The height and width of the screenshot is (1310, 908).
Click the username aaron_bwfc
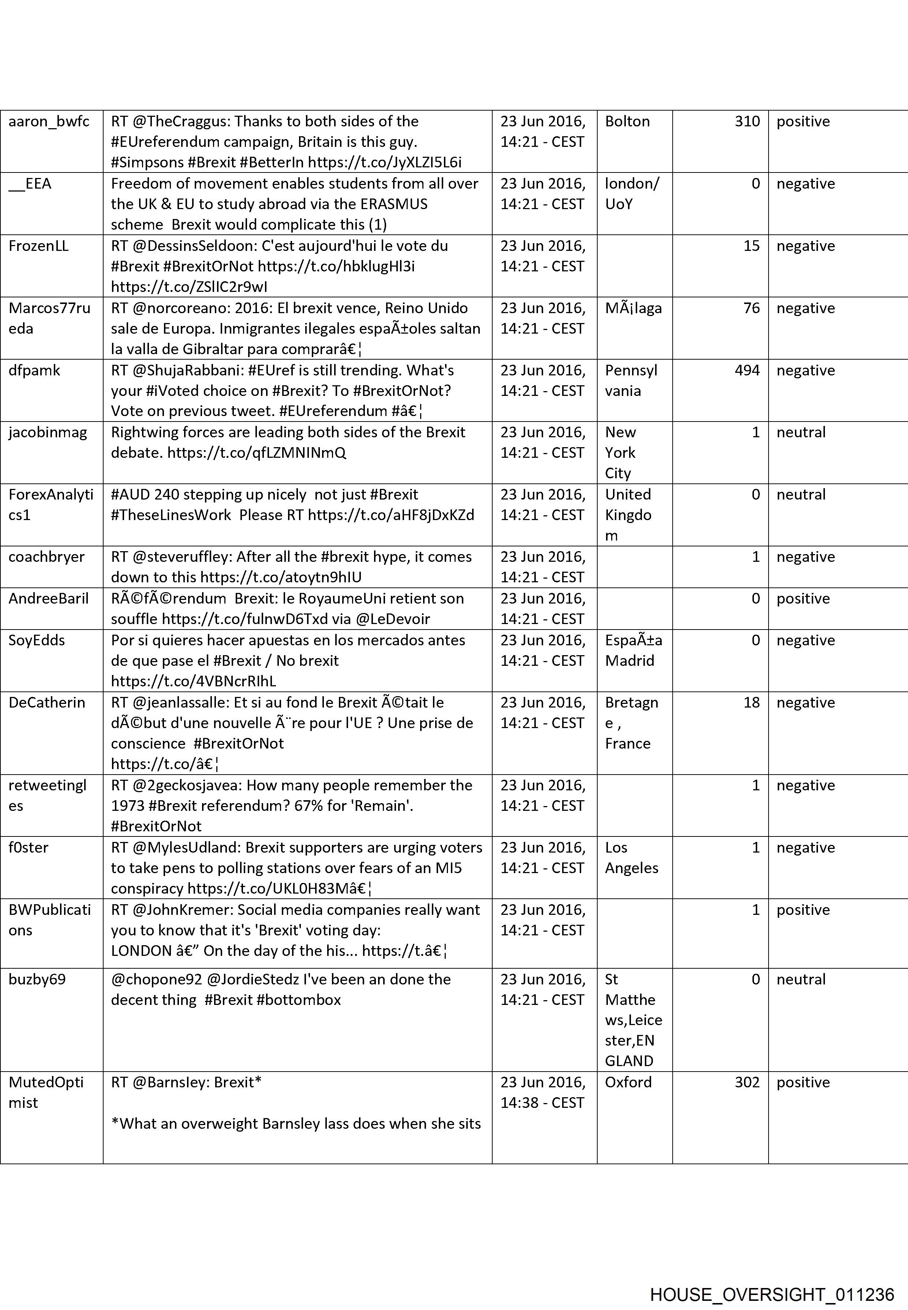coord(49,121)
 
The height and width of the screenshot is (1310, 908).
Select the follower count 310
coord(747,121)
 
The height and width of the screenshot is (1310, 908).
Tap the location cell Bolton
coord(627,121)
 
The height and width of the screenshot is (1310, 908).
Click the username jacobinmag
coord(48,433)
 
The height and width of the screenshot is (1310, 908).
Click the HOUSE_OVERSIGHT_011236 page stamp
coord(772,1279)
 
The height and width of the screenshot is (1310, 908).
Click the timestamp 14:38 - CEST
coord(542,1103)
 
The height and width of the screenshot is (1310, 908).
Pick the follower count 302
coord(747,1082)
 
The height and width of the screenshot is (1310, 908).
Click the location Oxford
coord(628,1082)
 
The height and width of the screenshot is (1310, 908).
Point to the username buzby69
coord(37,979)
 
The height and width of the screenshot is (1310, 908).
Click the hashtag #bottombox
coord(299,1000)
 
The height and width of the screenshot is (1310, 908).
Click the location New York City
coord(620,453)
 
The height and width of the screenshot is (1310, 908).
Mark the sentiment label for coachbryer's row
coord(805,557)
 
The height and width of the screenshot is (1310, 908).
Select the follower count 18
coord(751,702)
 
